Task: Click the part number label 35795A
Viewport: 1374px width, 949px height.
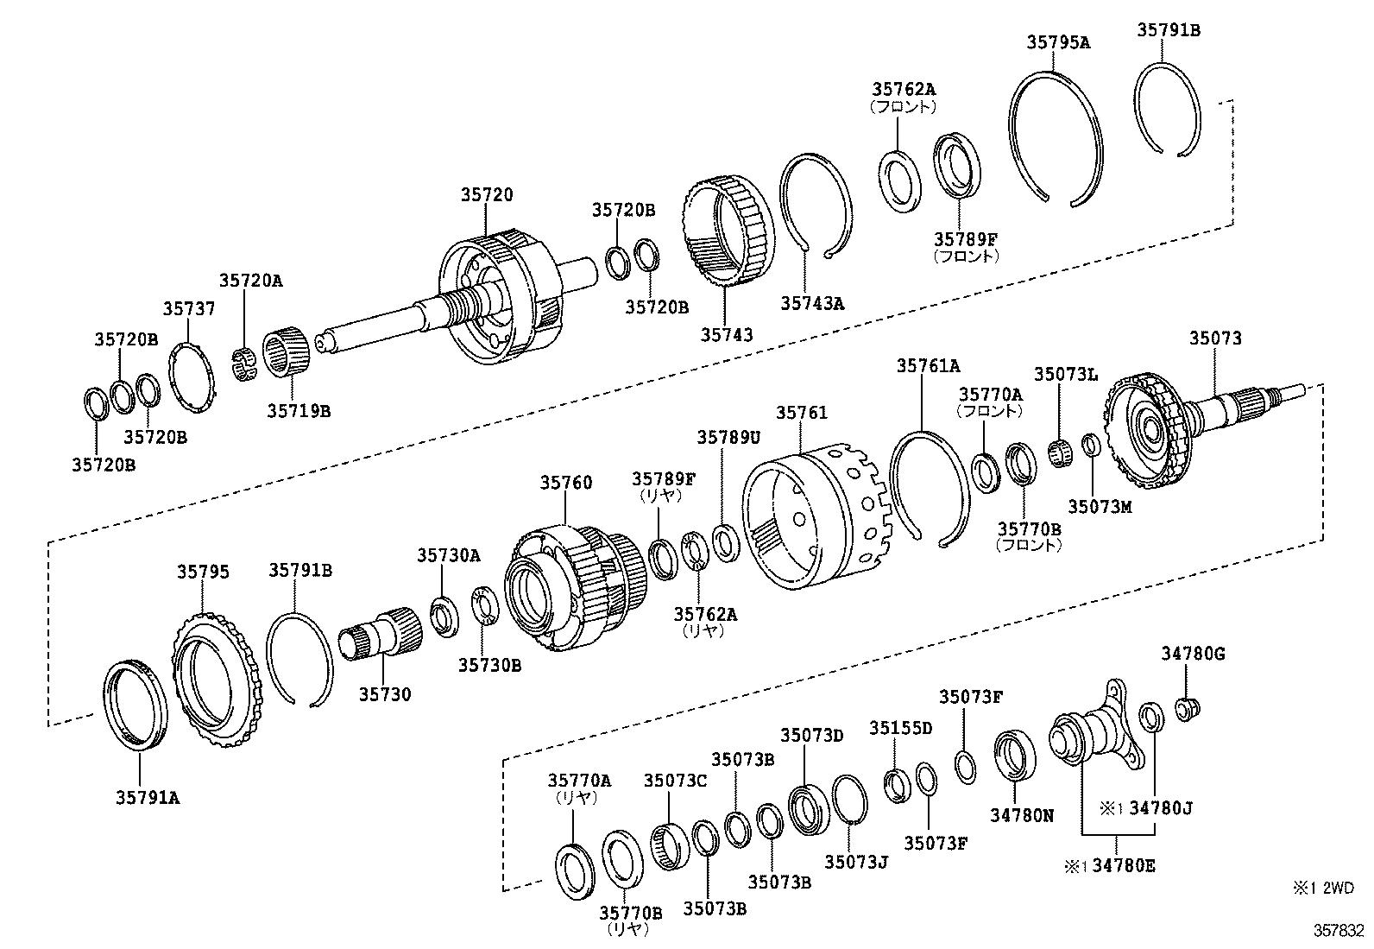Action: tap(1058, 41)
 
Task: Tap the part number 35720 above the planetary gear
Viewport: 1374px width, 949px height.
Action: tap(486, 195)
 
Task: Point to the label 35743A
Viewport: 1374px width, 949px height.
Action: tap(812, 303)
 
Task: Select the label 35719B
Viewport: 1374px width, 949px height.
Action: tap(298, 411)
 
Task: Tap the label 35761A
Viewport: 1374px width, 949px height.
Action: tap(928, 365)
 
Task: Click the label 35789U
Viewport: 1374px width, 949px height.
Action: tap(728, 437)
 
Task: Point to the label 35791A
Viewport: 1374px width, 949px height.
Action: tap(148, 798)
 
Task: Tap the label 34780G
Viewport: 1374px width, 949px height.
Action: tap(1192, 655)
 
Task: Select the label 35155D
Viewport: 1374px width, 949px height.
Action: tap(900, 728)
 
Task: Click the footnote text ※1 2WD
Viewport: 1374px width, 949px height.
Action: tap(1323, 888)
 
